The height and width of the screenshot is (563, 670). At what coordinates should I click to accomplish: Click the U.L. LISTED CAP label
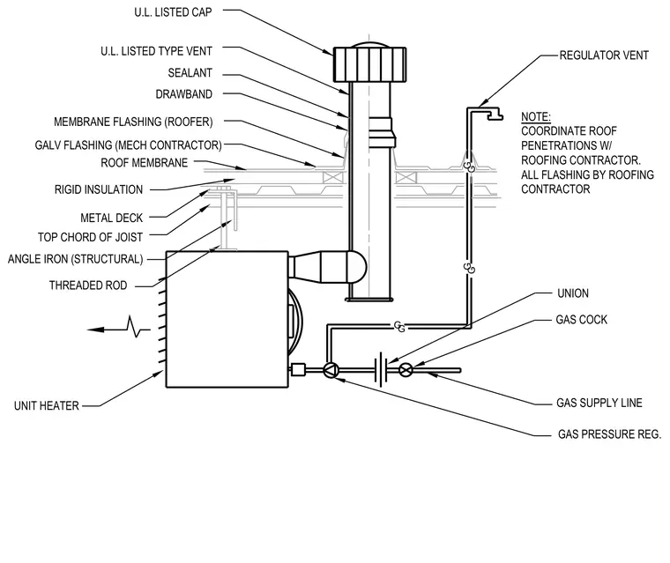(173, 12)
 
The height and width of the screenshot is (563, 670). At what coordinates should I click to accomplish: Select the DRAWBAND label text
(183, 94)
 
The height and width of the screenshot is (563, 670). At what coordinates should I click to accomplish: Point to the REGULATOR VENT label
(604, 56)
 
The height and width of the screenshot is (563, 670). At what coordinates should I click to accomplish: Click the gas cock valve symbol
(406, 369)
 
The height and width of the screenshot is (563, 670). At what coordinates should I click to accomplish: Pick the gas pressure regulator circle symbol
(331, 370)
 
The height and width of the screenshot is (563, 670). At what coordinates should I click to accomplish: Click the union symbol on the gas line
(381, 369)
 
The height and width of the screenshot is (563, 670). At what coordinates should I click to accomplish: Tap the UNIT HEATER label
(47, 405)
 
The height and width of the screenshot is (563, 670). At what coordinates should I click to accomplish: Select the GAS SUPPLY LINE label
(599, 403)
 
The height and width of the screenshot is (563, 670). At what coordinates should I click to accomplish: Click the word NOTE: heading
(536, 116)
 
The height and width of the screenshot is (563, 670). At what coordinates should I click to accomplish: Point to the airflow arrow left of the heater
(118, 329)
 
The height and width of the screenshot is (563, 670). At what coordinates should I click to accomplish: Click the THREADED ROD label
(88, 285)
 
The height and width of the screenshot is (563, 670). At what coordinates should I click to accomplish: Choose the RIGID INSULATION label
(99, 189)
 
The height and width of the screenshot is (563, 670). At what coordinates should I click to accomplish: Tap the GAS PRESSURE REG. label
(609, 434)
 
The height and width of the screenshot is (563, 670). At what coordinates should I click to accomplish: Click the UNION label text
(573, 293)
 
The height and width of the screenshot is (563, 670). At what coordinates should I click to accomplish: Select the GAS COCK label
(581, 320)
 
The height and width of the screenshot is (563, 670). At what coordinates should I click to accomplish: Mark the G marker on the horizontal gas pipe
(399, 327)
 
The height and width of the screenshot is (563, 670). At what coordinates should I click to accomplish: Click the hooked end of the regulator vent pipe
(495, 114)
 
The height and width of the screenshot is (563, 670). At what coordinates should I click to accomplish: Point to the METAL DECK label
(112, 218)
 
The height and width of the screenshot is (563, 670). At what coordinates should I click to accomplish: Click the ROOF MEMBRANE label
(145, 163)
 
